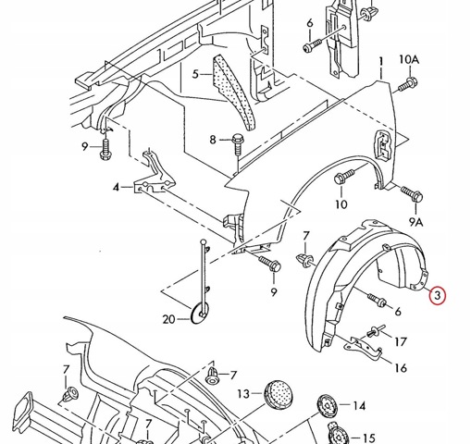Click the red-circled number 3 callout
438,295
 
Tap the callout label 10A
409,59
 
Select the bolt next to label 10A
408,85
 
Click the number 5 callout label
195,74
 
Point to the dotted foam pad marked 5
234,91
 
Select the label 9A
416,222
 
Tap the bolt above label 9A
412,193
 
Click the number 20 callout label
168,319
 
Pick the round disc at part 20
200,313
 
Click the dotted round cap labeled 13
278,394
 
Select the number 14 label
359,406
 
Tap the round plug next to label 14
328,405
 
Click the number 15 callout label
368,438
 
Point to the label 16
401,368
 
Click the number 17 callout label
401,341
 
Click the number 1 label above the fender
381,62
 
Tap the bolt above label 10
344,177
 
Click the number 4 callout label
116,187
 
